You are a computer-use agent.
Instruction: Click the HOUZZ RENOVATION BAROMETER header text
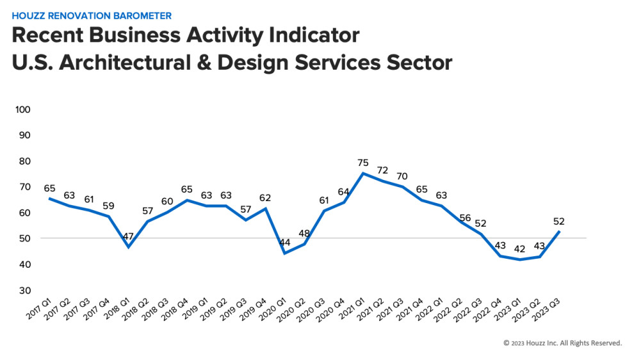(92, 16)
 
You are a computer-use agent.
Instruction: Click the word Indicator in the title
(314, 35)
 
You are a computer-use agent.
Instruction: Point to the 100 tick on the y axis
(23, 110)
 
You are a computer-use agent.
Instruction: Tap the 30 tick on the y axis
(25, 290)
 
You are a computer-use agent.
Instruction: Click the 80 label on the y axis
(25, 161)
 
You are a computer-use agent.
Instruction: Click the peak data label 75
(363, 163)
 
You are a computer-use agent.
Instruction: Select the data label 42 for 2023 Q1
(519, 249)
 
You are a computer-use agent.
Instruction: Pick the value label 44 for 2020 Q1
(284, 242)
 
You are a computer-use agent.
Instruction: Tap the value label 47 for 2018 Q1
(128, 236)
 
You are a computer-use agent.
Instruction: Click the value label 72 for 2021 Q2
(382, 170)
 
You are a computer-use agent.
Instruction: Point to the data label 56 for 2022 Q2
(465, 218)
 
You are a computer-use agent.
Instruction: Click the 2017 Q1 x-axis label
(39, 309)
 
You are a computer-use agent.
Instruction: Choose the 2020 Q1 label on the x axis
(273, 309)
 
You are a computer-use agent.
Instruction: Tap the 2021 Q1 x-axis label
(352, 309)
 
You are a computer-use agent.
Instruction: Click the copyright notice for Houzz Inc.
(562, 343)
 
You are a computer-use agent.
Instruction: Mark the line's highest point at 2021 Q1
(363, 174)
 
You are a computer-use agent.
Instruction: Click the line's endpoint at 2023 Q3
(559, 231)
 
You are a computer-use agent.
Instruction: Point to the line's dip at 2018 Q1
(128, 247)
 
